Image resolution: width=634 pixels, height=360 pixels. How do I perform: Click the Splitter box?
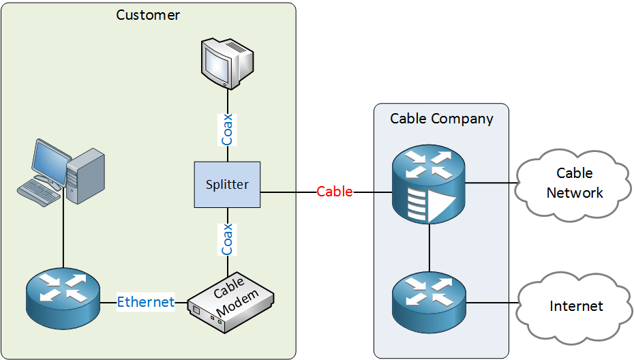[227, 185]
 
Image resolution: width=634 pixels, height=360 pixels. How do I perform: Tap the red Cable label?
[335, 192]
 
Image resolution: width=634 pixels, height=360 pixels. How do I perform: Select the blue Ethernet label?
[145, 301]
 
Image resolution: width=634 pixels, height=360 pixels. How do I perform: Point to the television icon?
[226, 63]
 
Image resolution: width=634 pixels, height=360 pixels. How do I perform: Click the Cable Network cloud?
[575, 183]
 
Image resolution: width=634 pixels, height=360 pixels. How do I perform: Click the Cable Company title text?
[441, 119]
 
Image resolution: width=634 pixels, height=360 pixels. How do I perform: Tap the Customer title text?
[148, 14]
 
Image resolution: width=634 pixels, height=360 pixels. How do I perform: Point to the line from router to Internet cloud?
[492, 303]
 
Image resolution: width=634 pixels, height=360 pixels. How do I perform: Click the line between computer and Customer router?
[63, 235]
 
